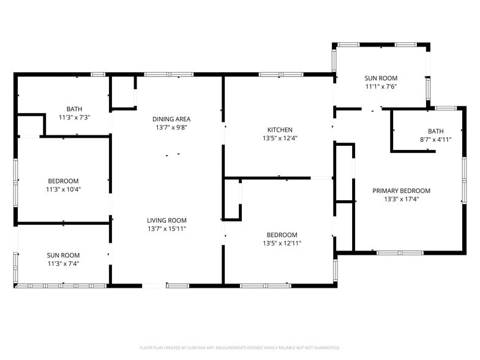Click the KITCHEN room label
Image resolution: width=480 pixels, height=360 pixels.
[280, 130]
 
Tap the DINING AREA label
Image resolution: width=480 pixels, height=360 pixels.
[171, 119]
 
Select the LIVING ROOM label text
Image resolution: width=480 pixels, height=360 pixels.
[167, 220]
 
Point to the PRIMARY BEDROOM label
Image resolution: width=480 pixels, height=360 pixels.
[402, 190]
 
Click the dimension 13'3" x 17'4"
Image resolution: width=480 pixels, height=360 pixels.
[402, 199]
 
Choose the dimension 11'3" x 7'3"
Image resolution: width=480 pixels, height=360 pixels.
[75, 117]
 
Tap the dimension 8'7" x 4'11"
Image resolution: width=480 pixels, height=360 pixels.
[435, 140]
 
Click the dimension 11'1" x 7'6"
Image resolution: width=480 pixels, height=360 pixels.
[381, 86]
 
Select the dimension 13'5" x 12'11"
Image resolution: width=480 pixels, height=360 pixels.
[282, 243]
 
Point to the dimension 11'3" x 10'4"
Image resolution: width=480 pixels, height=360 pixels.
[64, 189]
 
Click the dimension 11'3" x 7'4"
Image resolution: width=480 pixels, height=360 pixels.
[64, 264]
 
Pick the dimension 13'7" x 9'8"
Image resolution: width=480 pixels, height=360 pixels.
[171, 127]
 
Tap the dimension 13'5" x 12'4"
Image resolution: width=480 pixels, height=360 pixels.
[280, 138]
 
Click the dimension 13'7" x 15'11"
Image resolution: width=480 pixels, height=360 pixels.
[167, 229]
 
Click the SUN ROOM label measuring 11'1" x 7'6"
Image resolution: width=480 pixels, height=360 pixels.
[381, 78]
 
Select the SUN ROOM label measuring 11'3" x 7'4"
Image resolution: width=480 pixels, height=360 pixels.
[64, 255]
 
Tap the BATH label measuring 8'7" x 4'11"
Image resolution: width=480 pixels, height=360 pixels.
[435, 131]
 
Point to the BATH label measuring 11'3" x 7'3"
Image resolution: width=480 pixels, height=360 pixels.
[75, 108]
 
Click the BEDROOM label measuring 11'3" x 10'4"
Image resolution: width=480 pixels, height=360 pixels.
[64, 181]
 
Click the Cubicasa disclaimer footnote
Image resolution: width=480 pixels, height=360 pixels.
[239, 347]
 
